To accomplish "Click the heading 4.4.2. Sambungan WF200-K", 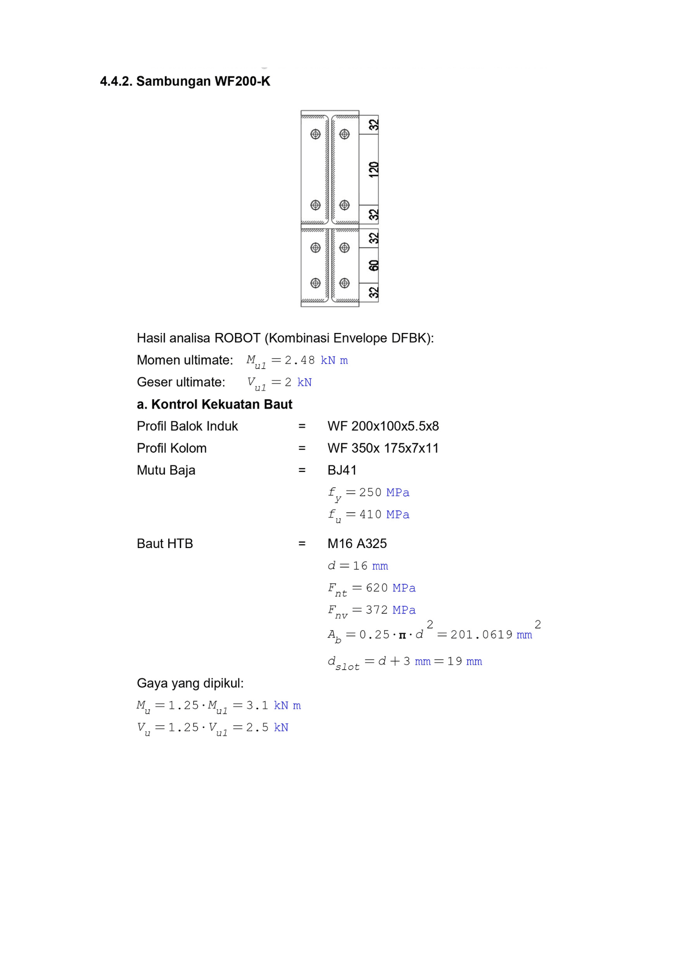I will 185,82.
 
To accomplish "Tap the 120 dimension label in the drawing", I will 374,169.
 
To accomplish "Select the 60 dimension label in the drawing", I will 374,265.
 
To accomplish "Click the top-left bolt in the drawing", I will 316,135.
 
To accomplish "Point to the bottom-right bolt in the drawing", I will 345,283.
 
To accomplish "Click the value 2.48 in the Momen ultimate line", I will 300,361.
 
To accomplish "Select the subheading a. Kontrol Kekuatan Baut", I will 214,404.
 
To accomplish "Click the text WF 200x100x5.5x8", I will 383,426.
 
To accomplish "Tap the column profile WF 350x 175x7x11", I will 383,448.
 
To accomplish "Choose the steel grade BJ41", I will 342,470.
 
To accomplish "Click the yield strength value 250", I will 370,493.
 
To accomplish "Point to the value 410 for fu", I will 370,515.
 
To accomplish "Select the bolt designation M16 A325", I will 357,544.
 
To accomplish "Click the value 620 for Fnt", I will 377,588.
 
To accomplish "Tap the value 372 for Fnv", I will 377,610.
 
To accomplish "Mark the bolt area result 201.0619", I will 481,635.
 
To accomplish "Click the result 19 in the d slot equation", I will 455,662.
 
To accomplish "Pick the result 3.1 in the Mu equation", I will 257,705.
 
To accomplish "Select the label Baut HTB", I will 165,544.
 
